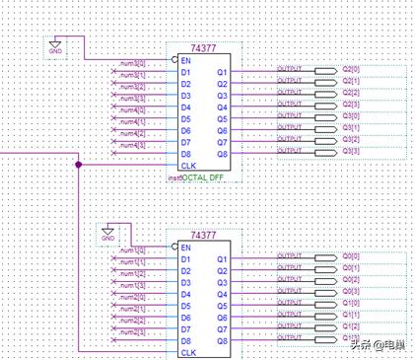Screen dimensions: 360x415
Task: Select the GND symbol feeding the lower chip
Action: pos(108,235)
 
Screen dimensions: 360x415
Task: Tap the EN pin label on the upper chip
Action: pos(185,60)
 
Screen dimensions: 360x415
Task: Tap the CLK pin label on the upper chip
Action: pos(187,166)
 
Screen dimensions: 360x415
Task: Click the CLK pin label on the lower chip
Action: pos(187,352)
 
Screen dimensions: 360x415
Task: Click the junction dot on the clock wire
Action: pos(78,166)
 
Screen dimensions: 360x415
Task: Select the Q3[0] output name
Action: pos(350,118)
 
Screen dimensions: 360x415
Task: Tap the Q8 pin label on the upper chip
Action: pos(222,154)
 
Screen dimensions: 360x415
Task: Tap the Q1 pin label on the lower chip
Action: pos(222,258)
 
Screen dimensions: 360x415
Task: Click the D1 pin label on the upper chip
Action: pos(185,72)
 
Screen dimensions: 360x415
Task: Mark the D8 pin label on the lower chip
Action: pos(185,341)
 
